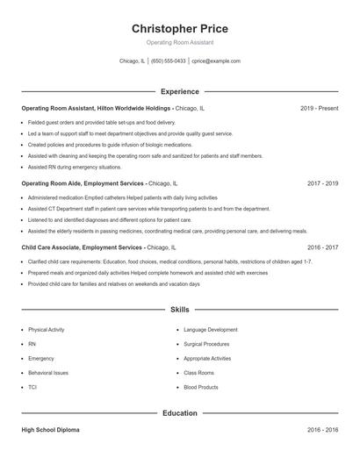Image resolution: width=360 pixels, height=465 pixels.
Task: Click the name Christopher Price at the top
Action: coord(179,28)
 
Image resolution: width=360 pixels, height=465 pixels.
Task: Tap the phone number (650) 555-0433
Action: coord(169,61)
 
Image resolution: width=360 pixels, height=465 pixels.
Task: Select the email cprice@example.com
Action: coord(216,61)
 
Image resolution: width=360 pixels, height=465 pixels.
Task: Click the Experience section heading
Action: coord(179,91)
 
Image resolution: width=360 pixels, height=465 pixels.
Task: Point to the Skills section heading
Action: coord(179,311)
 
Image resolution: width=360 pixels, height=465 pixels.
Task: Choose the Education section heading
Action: coord(179,412)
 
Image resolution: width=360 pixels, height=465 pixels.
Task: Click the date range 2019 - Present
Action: coord(320,108)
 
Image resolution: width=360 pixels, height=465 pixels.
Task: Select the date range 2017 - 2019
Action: coord(323,184)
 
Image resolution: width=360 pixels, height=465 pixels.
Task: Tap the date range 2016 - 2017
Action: coord(323,248)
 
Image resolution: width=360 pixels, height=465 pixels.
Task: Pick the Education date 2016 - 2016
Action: coord(323,431)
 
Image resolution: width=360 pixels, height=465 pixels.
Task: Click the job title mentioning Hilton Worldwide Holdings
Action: coord(112,108)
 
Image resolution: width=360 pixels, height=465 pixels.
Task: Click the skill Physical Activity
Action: coord(47,330)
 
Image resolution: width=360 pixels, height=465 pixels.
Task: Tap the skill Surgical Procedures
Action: coord(207,344)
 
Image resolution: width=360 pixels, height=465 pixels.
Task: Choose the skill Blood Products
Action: coord(201,387)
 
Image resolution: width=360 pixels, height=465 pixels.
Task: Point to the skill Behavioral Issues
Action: coord(48,373)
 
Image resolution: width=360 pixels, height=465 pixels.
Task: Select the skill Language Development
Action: coord(211,330)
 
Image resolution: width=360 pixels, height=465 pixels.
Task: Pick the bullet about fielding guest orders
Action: coord(102,122)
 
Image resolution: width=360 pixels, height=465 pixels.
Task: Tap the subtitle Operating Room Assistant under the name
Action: coord(179,42)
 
